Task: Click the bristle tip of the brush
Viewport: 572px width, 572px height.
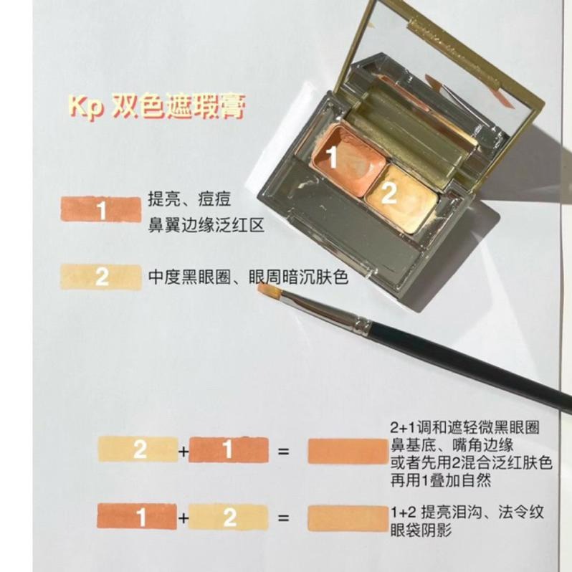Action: coord(267,290)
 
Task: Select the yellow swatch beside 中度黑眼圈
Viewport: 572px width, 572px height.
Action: coord(101,277)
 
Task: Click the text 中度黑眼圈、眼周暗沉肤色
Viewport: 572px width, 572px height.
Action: coord(248,277)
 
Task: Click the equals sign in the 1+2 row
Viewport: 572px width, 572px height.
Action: coord(283,518)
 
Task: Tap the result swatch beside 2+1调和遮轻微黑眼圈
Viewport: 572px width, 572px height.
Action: coord(346,452)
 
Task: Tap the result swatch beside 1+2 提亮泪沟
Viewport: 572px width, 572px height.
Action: coord(346,518)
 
